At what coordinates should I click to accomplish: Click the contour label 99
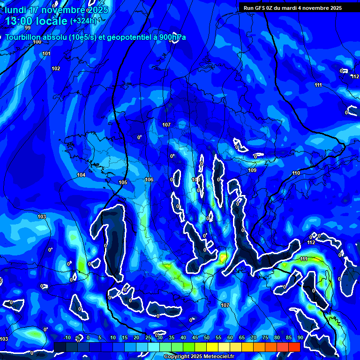pos(28,28)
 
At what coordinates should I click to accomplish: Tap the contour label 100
pos(37,42)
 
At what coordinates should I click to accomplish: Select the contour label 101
pos(46,54)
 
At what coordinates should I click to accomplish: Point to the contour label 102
pos(56,69)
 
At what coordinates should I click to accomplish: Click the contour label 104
pos(81,175)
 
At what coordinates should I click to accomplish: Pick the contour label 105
pos(123,182)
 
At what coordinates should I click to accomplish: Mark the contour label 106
pos(149,180)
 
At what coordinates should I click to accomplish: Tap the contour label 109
pos(252,170)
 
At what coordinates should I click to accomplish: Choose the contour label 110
pos(296,173)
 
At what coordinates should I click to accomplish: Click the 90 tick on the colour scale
pos(300,338)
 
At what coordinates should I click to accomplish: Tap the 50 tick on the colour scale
pos(207,338)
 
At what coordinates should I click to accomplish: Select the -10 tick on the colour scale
pos(66,338)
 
